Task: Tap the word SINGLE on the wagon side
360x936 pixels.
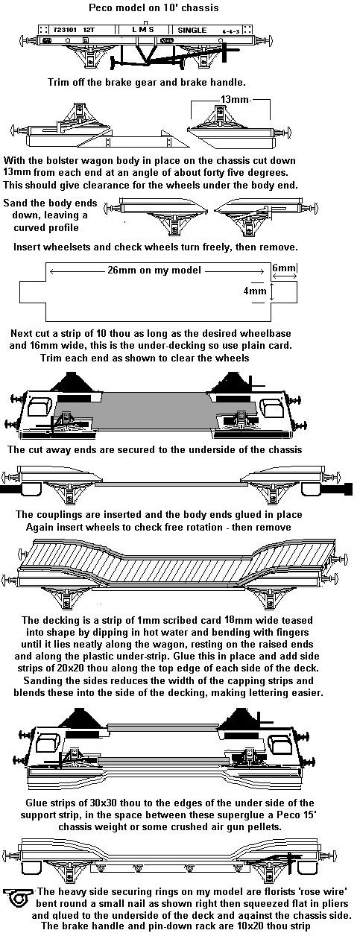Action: click(192, 30)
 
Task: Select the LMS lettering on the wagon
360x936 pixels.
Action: click(143, 30)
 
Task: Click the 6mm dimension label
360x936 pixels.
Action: click(283, 267)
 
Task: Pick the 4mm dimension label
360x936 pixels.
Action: click(255, 290)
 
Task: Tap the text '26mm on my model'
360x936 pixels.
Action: click(154, 270)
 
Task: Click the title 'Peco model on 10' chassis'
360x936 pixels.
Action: click(154, 7)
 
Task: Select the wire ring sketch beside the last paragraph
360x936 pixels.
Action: click(19, 897)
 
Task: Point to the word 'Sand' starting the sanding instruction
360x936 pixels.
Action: click(14, 203)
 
